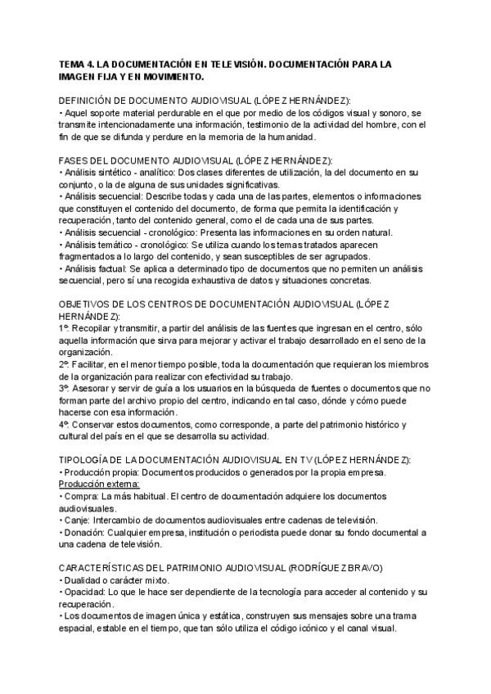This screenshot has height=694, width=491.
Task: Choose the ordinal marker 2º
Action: [65, 363]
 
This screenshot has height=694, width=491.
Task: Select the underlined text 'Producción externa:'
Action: [100, 484]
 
